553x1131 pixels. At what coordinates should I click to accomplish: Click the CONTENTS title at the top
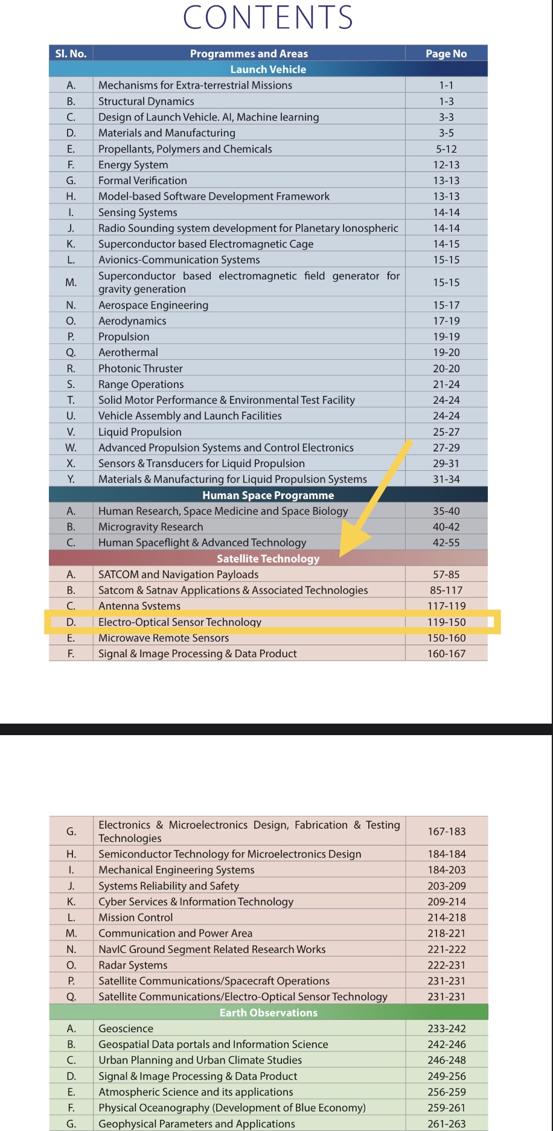pyautogui.click(x=268, y=18)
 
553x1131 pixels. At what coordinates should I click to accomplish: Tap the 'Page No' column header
pyautogui.click(x=446, y=54)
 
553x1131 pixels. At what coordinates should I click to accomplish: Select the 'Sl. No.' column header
pyautogui.click(x=71, y=54)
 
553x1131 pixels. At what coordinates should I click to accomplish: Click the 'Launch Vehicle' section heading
pyautogui.click(x=268, y=69)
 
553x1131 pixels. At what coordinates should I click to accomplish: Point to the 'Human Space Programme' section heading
pyautogui.click(x=268, y=495)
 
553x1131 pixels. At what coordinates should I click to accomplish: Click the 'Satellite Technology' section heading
pyautogui.click(x=268, y=559)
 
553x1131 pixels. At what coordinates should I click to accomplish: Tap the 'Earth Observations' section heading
pyautogui.click(x=268, y=1013)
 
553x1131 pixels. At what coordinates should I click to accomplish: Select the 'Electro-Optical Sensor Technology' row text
pyautogui.click(x=180, y=622)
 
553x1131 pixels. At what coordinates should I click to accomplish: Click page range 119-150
pyautogui.click(x=446, y=622)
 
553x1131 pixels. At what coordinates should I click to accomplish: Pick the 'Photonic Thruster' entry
pyautogui.click(x=141, y=369)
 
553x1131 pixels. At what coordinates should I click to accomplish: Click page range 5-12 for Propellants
pyautogui.click(x=446, y=149)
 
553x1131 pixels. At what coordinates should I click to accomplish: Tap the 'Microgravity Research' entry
pyautogui.click(x=151, y=527)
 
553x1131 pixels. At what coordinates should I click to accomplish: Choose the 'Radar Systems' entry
pyautogui.click(x=133, y=965)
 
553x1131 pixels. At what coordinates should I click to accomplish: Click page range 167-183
pyautogui.click(x=446, y=832)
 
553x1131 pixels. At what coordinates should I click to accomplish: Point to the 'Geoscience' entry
pyautogui.click(x=126, y=1028)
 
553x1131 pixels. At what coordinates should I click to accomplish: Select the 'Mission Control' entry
pyautogui.click(x=136, y=917)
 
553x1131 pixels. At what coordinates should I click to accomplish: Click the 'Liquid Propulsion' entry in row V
pyautogui.click(x=140, y=432)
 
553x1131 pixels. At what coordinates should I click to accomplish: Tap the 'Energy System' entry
pyautogui.click(x=133, y=165)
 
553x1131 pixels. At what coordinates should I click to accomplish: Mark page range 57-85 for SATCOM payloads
pyautogui.click(x=446, y=575)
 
